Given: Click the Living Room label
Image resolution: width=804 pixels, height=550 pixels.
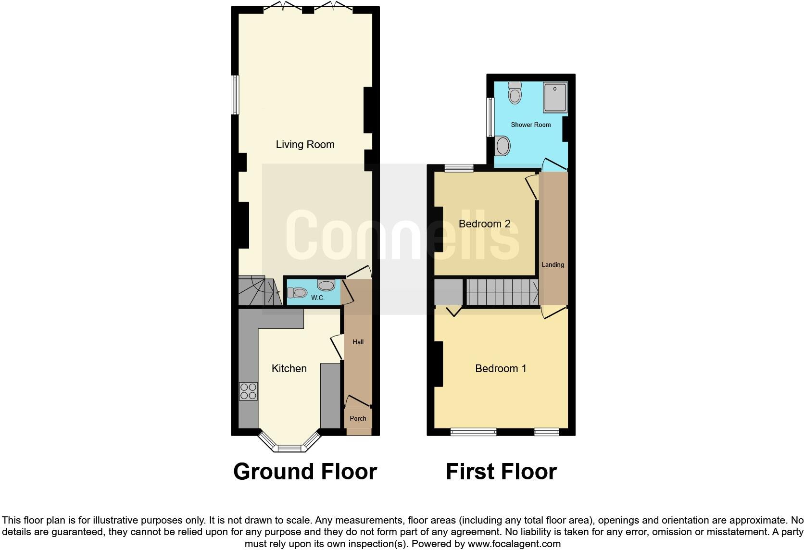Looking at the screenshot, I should (x=305, y=144).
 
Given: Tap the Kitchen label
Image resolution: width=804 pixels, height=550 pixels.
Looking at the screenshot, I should (x=289, y=368).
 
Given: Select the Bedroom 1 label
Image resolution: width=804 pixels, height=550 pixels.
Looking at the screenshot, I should (x=501, y=368).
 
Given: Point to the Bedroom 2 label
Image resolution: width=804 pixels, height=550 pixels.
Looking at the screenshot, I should (x=484, y=224).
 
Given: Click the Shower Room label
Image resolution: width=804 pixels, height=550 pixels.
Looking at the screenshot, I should (x=530, y=125).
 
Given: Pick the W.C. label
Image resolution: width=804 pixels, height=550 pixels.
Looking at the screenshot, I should (x=317, y=298).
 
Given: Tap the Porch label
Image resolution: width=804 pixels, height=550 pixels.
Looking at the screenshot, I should (x=358, y=418).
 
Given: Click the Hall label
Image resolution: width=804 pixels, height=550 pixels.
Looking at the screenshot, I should (x=358, y=342).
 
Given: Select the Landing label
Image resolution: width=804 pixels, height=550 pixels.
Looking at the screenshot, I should (x=553, y=264).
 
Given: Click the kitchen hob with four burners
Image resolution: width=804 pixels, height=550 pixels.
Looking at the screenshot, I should (x=248, y=391).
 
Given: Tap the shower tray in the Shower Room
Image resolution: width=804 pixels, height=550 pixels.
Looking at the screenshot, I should (x=555, y=98).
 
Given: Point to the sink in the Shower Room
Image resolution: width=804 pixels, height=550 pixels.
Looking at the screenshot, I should (x=502, y=145).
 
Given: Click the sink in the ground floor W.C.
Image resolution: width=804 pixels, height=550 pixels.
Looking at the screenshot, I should (x=327, y=285).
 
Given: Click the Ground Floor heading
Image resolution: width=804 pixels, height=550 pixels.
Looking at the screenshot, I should (x=305, y=472).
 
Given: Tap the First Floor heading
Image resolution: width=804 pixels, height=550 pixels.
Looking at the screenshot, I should (x=501, y=472).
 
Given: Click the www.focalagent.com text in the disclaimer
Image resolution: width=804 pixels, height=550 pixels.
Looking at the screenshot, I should (x=514, y=544).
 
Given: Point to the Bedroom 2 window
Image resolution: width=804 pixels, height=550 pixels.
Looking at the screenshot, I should (x=459, y=168).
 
